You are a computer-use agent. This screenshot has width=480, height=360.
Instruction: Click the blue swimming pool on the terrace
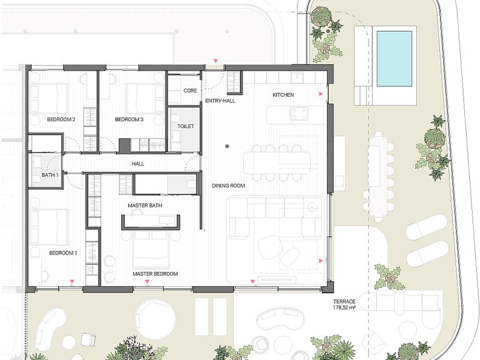pos(394,58)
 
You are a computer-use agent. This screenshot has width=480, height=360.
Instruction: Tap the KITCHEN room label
pos(283,95)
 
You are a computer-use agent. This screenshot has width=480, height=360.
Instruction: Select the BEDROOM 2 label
pos(61,119)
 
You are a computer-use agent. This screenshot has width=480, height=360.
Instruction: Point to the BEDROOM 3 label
pos(129,119)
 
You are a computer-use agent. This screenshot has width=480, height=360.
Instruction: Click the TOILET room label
pos(186,126)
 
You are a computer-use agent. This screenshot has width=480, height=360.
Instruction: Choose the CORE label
pos(190,91)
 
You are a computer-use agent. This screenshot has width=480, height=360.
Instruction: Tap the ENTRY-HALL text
pos(220,101)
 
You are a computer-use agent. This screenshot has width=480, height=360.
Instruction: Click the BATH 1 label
pos(50,175)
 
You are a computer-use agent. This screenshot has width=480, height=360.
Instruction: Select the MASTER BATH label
pos(145,206)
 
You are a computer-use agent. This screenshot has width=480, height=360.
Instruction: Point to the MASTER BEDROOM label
pos(155,274)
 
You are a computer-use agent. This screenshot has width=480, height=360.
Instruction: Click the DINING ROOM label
pos(229,186)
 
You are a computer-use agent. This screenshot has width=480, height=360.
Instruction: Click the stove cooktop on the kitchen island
pos(299,114)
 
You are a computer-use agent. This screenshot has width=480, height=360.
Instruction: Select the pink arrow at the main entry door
pos(216,61)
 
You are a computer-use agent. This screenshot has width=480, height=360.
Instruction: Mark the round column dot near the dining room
pos(227,146)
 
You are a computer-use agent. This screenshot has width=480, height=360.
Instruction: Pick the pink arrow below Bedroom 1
pos(72,281)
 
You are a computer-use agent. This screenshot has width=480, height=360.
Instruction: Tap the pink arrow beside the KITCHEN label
pos(321,94)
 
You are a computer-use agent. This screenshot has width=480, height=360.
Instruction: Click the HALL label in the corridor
pos(138,164)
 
